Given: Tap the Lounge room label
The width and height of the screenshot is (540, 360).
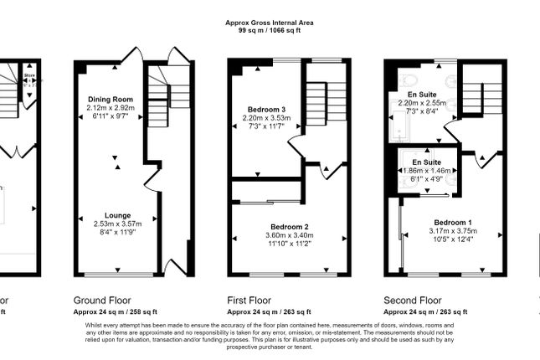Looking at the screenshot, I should click(x=117, y=215).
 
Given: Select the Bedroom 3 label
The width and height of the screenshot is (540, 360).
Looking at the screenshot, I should click(x=265, y=110).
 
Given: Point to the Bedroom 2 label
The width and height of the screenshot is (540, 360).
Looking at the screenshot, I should click(x=290, y=227).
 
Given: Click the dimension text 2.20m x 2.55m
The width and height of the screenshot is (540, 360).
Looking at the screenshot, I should click(x=423, y=103).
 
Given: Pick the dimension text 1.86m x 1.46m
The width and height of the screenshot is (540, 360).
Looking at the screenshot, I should click(x=426, y=170).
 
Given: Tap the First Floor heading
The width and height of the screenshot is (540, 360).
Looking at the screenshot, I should click(x=249, y=299).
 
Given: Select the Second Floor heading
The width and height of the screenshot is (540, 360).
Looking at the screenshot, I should click(x=412, y=299).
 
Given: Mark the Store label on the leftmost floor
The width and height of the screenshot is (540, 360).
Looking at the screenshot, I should click(x=29, y=64).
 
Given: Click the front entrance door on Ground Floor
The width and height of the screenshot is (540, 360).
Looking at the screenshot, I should click(x=177, y=267).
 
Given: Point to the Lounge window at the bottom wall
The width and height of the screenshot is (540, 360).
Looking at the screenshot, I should click(x=117, y=275).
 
